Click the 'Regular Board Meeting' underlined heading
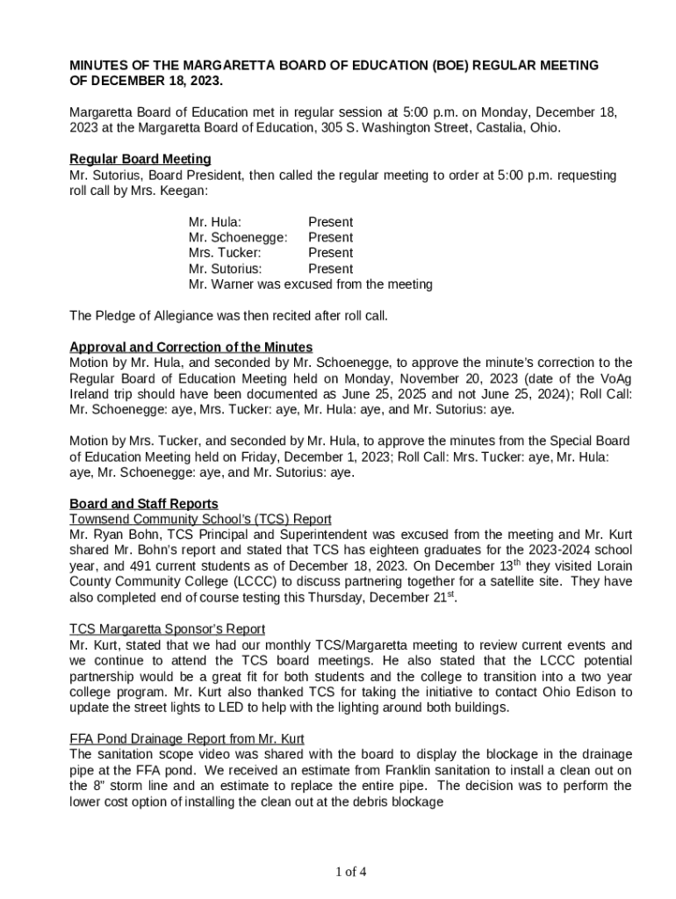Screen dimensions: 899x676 [140, 159]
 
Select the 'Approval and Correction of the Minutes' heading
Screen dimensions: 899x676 [191, 347]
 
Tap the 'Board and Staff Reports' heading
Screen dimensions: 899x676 [144, 504]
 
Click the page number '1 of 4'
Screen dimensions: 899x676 [350, 872]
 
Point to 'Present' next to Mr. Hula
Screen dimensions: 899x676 [330, 222]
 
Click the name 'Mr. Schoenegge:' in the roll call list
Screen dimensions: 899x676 [238, 238]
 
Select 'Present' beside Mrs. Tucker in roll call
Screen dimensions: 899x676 [330, 253]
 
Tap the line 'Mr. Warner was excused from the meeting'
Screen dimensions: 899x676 [310, 284]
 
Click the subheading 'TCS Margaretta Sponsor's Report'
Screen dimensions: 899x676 [167, 629]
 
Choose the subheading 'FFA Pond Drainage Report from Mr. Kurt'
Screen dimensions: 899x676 [186, 739]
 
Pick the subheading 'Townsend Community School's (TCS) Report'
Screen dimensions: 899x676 [200, 520]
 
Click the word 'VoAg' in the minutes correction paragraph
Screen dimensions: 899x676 [612, 378]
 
